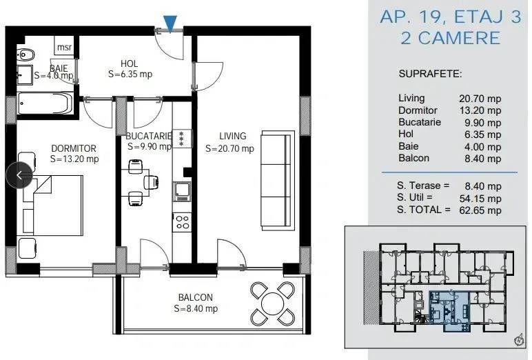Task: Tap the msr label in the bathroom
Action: [x=64, y=47]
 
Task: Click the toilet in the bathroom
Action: [x=25, y=54]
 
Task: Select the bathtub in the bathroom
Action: [x=44, y=103]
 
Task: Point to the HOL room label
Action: [x=130, y=63]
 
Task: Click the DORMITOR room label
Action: [x=74, y=148]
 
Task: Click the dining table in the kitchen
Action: [x=136, y=182]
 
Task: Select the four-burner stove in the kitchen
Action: [x=182, y=223]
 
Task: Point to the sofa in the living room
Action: [x=277, y=180]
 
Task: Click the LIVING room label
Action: [x=233, y=136]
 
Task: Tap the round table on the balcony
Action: [x=272, y=303]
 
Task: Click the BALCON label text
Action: [x=196, y=297]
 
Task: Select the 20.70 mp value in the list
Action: [x=480, y=99]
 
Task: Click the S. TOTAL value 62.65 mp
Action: [x=480, y=210]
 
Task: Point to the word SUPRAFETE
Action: [x=430, y=74]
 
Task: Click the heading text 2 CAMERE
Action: [x=451, y=38]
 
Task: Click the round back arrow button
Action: [x=19, y=175]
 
